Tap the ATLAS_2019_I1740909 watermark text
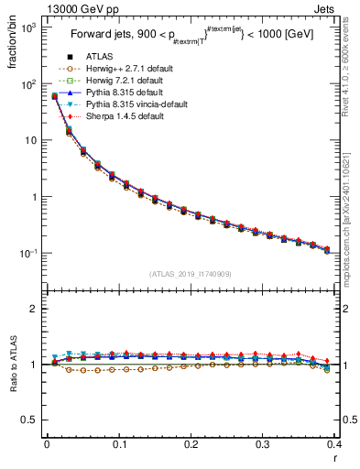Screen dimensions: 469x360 [191, 273]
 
